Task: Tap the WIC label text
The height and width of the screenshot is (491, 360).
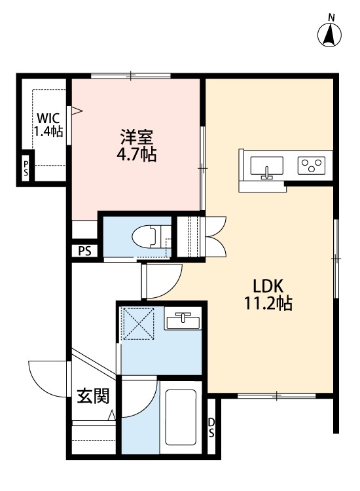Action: point(48,118)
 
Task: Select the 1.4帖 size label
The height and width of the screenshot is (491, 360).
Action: point(48,131)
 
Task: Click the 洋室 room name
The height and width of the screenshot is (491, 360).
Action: point(137,138)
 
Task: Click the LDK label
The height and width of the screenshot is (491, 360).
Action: point(268,287)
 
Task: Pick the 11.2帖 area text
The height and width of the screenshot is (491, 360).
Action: point(268,304)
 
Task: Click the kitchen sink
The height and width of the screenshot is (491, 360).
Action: point(266,166)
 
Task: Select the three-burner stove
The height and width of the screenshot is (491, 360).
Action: point(312,165)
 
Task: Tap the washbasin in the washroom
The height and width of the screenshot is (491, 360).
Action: point(183,321)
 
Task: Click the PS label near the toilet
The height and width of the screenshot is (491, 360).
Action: point(84,250)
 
